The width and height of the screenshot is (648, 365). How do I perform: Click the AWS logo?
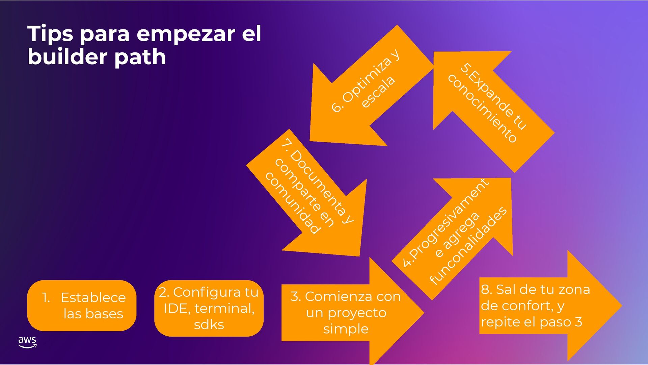coord(27,342)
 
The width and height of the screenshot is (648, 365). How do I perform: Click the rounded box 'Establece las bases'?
coord(82,306)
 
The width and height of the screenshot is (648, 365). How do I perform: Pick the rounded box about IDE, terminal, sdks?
coord(209,308)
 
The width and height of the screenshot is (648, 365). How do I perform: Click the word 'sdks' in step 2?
coord(209,325)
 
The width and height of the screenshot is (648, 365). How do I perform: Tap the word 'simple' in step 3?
coord(346,329)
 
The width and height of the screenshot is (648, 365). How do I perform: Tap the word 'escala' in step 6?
coord(378,92)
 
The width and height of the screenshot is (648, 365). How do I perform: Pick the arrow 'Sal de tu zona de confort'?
coord(547,306)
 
